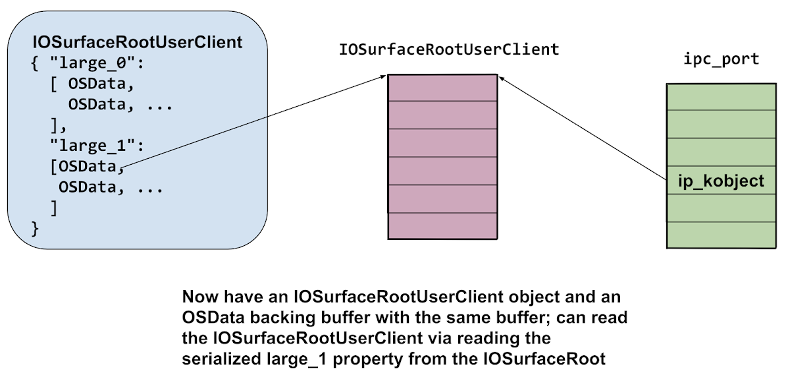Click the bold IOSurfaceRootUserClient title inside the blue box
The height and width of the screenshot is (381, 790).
138,43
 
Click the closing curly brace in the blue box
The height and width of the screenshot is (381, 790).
36,228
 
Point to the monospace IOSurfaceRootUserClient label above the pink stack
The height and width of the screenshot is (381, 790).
448,50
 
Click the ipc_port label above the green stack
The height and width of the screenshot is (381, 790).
722,59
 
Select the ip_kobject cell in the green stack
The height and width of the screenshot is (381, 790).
721,181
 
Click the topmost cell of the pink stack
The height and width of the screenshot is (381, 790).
442,87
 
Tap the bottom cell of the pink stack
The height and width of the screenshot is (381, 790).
442,226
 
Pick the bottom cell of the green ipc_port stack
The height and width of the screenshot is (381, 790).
721,234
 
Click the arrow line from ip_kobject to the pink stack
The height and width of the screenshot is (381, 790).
583,126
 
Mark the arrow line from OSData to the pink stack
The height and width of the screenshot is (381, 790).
253,120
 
